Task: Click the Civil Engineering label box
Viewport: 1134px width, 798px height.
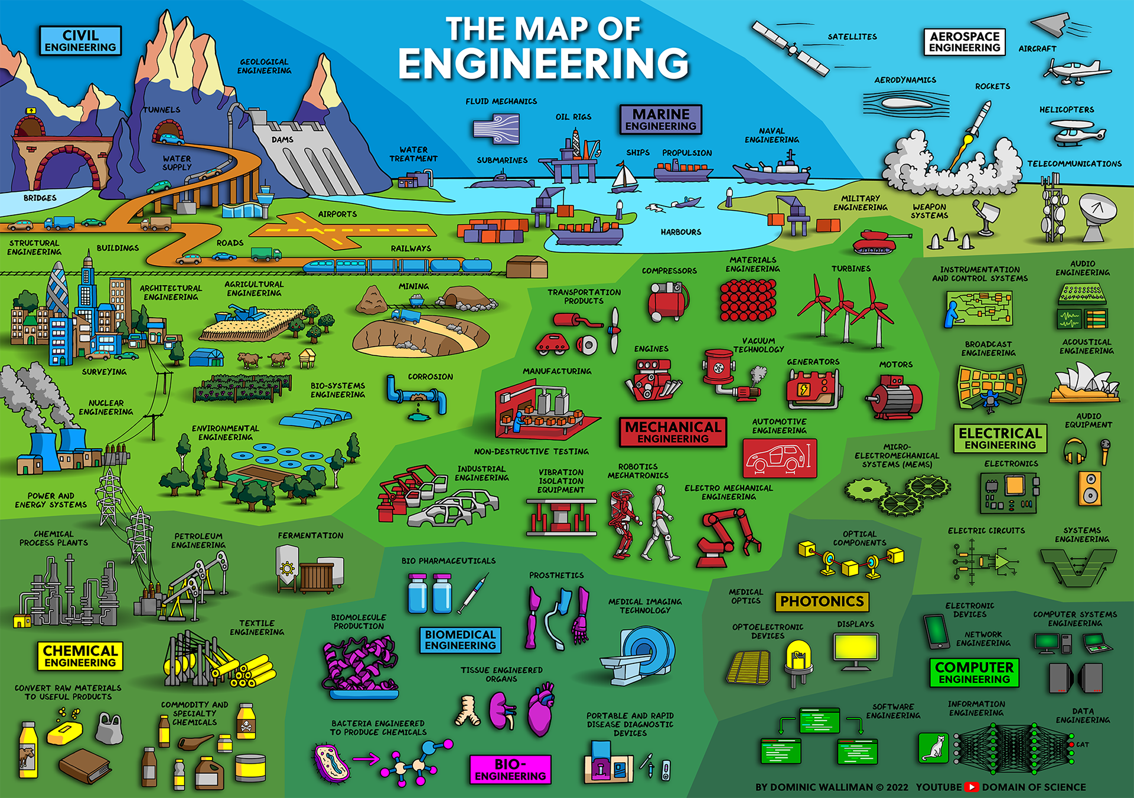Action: tap(80, 41)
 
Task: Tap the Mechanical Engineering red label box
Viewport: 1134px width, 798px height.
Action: tap(673, 432)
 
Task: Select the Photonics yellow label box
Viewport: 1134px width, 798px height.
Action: tap(822, 601)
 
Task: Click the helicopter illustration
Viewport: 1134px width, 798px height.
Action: tap(1077, 133)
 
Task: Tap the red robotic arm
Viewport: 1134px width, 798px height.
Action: tap(727, 537)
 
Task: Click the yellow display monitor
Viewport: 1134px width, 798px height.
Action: tap(856, 649)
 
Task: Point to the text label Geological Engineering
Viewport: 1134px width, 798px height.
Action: tap(264, 66)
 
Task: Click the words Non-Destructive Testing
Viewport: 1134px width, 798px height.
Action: tap(531, 452)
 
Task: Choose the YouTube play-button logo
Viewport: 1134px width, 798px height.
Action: tap(972, 787)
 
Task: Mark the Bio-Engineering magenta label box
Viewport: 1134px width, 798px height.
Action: tap(510, 770)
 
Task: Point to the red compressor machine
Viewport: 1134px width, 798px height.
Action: tap(668, 301)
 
